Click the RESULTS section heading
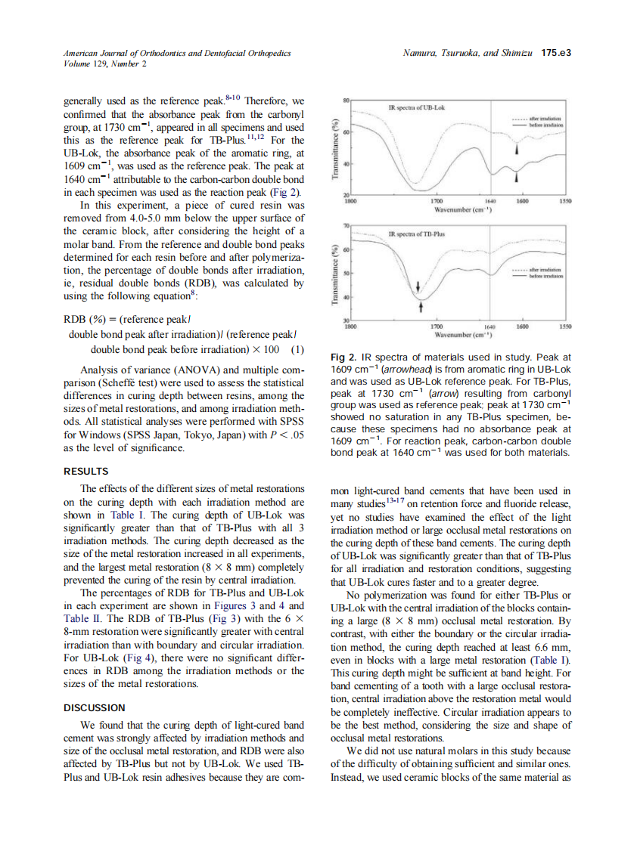85,470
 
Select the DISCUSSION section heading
95,707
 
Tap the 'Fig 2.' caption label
346,356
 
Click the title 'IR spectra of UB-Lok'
416,109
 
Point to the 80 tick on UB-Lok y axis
347,100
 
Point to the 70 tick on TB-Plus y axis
347,226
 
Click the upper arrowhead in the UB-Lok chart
517,149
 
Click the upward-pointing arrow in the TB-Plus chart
421,308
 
